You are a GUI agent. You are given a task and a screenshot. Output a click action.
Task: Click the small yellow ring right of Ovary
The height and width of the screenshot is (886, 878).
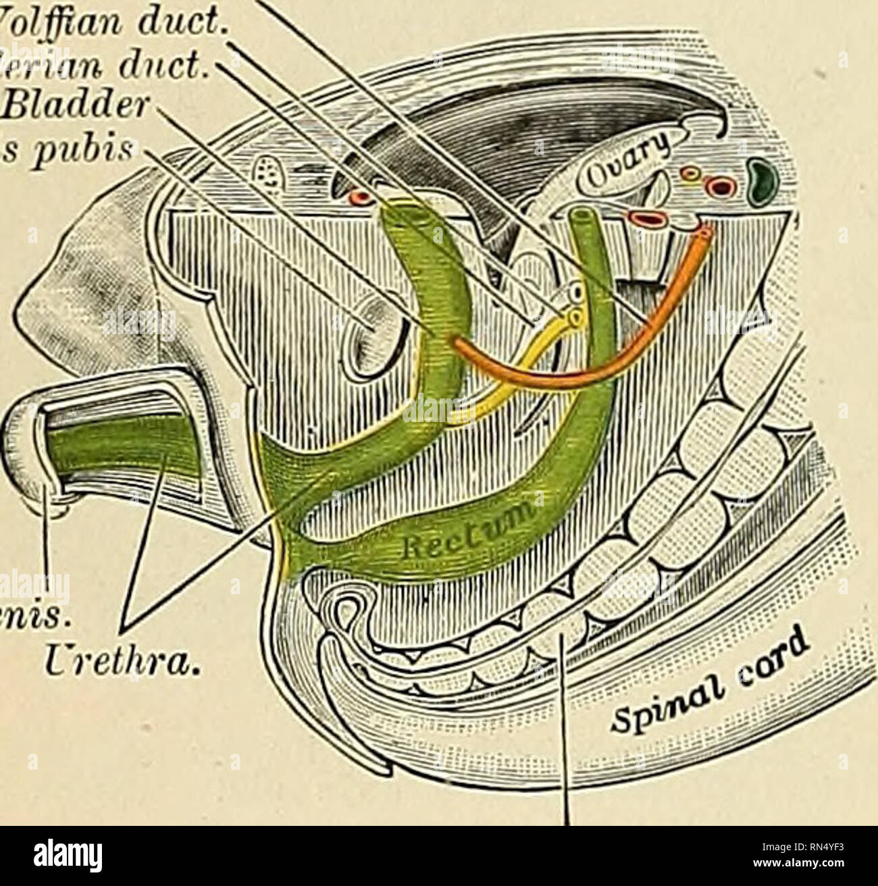[690, 177]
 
